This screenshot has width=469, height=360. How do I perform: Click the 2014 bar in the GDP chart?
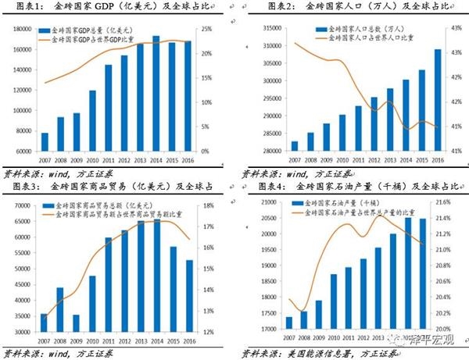(156, 94)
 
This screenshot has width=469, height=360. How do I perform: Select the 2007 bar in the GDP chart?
(45, 141)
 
